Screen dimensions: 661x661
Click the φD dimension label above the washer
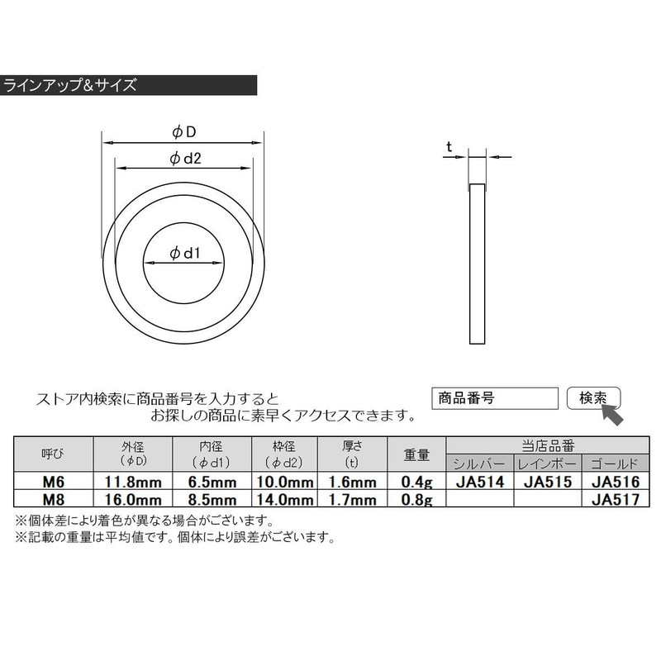(184, 132)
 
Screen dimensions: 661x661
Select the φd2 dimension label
(185, 159)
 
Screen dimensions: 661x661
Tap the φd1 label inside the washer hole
(184, 253)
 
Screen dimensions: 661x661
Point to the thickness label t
(449, 147)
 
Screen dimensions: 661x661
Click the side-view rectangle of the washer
(478, 264)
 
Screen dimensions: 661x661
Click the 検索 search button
(593, 398)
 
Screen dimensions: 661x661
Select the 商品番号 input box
(495, 398)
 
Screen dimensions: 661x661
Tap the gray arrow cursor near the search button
(612, 415)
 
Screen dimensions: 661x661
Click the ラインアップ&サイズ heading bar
(128, 85)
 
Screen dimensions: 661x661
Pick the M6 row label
(54, 482)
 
